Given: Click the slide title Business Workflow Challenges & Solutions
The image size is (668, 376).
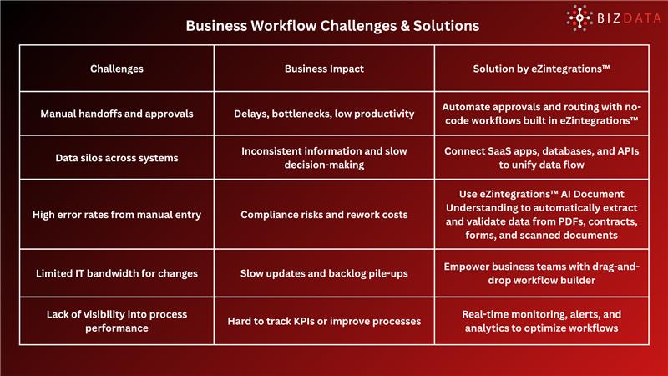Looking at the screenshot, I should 332,25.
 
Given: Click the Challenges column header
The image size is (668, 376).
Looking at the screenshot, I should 117,69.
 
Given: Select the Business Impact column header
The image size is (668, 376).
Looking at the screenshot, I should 324,69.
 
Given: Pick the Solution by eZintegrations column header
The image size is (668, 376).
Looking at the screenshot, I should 541,69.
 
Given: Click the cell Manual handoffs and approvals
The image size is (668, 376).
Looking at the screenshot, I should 117,114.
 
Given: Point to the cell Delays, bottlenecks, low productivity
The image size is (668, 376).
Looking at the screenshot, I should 324,114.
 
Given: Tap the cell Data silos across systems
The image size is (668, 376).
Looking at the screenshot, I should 117,157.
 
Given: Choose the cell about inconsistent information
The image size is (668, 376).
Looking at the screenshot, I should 324,157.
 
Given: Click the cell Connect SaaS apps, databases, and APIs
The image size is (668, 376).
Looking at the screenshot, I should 541,157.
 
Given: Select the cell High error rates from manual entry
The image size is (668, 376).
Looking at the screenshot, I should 117,215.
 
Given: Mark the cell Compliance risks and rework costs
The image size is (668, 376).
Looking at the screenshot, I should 324,215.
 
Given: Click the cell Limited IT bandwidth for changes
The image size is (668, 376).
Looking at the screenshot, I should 117,273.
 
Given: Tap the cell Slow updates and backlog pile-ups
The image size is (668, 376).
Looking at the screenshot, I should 324,273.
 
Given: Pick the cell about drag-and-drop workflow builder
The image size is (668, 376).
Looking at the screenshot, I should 541,273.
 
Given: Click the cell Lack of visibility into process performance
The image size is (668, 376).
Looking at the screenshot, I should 117,321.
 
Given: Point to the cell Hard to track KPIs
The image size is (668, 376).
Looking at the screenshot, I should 324,321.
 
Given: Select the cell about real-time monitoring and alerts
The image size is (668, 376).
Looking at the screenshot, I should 541,321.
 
